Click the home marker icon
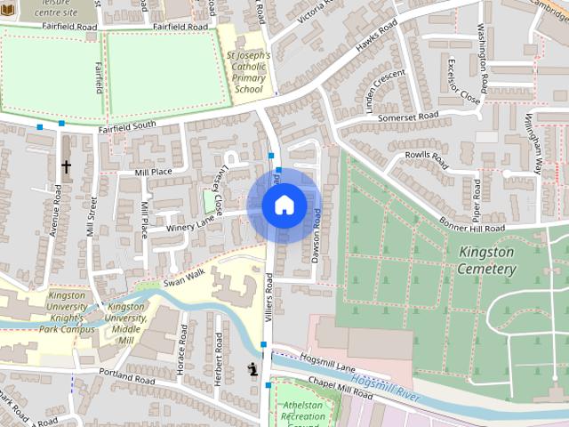pyautogui.click(x=284, y=205)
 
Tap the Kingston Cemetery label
pyautogui.click(x=486, y=260)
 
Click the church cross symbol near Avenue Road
pyautogui.click(x=66, y=166)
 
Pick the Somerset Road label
pyautogui.click(x=408, y=117)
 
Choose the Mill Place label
pyautogui.click(x=153, y=172)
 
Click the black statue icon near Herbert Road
pyautogui.click(x=252, y=369)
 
